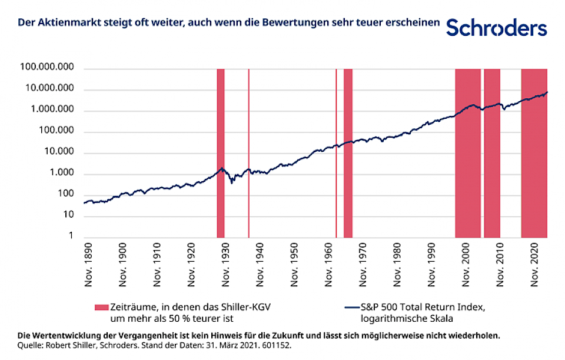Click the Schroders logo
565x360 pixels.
point(497,27)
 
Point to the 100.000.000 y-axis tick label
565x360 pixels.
point(46,69)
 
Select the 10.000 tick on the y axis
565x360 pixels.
point(61,152)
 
